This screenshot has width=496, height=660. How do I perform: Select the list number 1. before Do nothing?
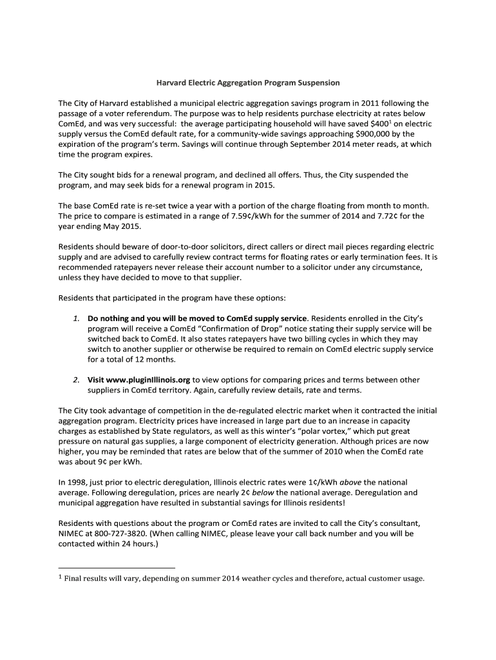point(76,318)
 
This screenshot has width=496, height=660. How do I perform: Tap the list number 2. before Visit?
point(76,380)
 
